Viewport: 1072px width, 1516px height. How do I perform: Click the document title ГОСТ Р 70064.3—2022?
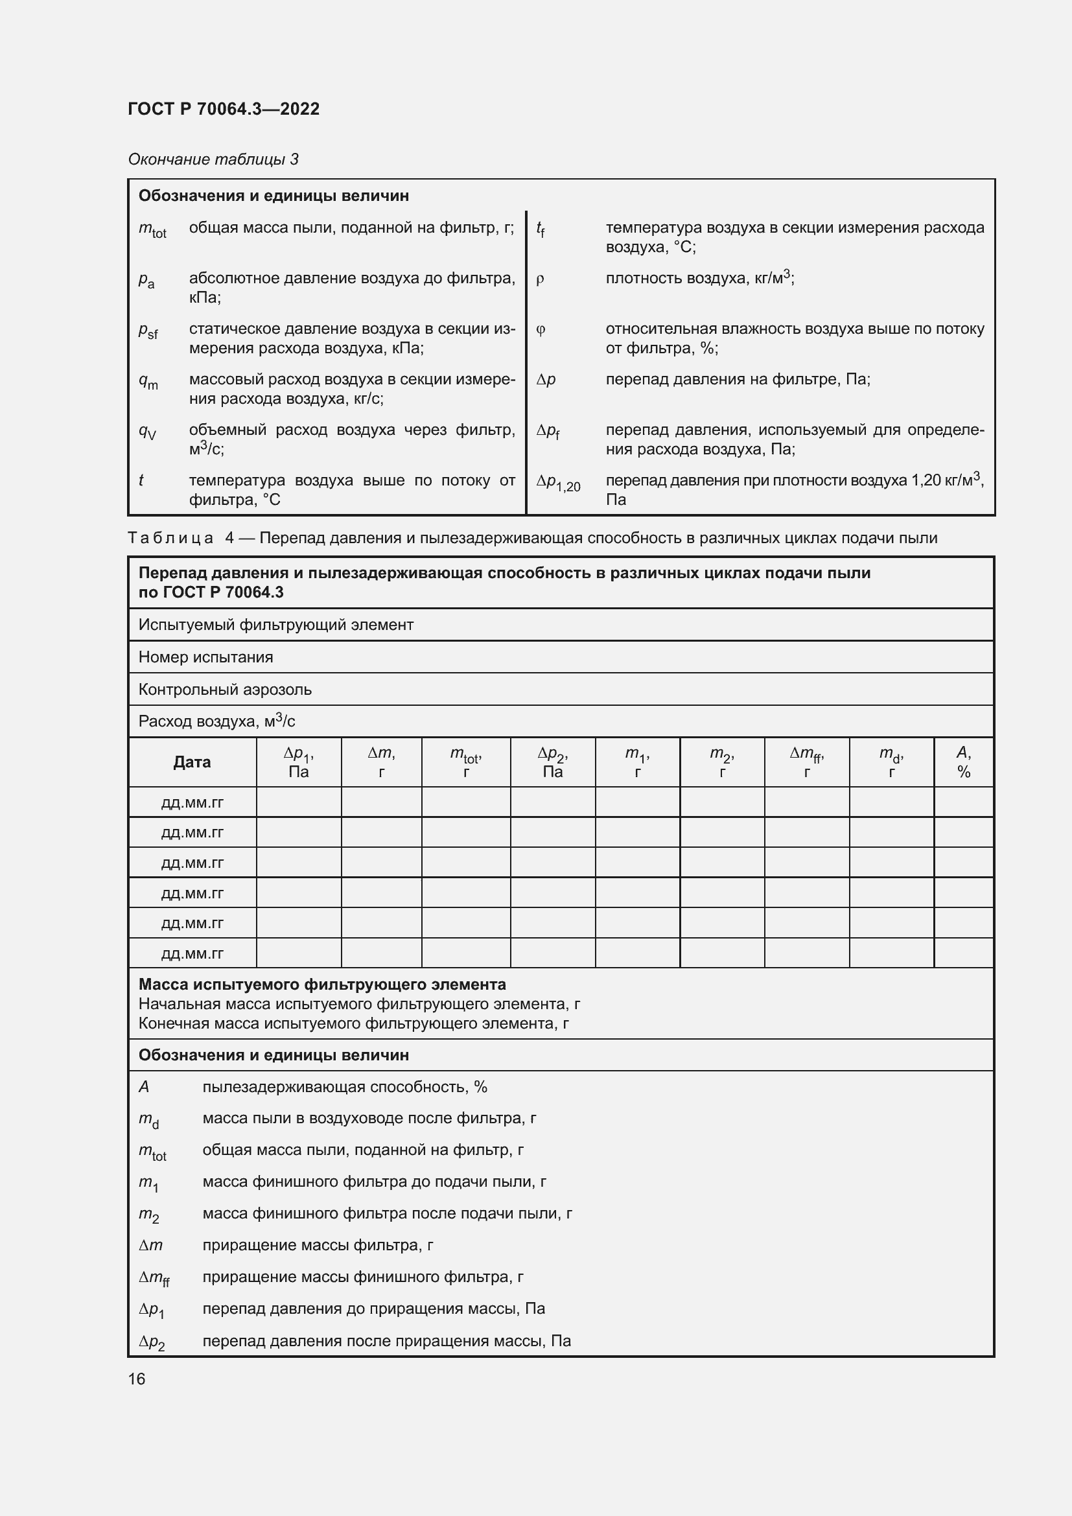click(223, 109)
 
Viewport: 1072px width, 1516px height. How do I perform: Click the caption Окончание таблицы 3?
click(213, 159)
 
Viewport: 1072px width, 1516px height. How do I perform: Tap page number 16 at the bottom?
click(137, 1379)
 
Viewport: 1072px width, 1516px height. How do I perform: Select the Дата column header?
click(192, 762)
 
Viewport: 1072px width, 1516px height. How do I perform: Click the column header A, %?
click(963, 762)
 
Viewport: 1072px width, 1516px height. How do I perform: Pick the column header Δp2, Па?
click(552, 762)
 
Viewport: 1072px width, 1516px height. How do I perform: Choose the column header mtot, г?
click(465, 762)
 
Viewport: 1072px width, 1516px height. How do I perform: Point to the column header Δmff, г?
click(807, 762)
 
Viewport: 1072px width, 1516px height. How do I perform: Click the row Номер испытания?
click(206, 657)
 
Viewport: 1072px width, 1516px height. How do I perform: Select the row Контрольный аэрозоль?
click(225, 690)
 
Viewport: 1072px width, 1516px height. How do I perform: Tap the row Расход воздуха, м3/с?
click(216, 721)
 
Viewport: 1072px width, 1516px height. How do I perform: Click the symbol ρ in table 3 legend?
click(540, 279)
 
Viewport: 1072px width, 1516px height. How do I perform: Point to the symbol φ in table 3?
click(541, 329)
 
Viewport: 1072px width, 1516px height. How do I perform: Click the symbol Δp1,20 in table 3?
click(558, 483)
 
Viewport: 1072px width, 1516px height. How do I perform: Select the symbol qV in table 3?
click(147, 431)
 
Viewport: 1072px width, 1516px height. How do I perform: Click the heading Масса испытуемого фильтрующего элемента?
click(322, 985)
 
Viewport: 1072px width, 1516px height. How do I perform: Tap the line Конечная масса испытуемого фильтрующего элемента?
click(354, 1023)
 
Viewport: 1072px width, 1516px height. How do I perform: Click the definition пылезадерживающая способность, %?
click(345, 1087)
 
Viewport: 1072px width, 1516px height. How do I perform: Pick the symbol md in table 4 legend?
click(148, 1120)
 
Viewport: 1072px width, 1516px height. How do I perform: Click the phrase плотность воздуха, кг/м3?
click(700, 278)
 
